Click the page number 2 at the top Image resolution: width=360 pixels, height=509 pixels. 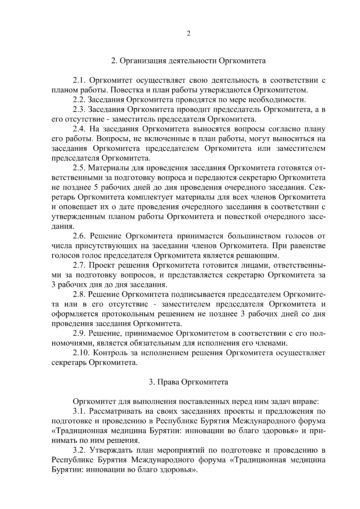(188, 34)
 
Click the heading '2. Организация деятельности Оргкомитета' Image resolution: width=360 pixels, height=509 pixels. (188, 61)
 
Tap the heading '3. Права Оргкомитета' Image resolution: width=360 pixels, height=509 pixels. (188, 382)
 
